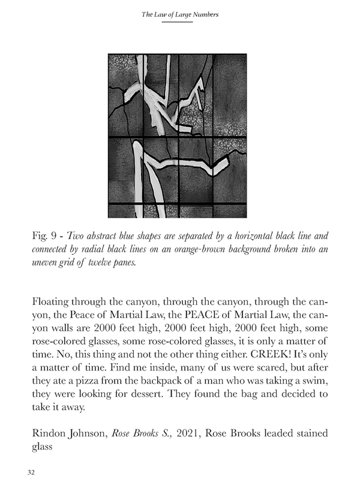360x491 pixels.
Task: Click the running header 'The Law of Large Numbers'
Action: click(x=180, y=13)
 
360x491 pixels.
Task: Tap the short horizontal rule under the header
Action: click(x=180, y=22)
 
